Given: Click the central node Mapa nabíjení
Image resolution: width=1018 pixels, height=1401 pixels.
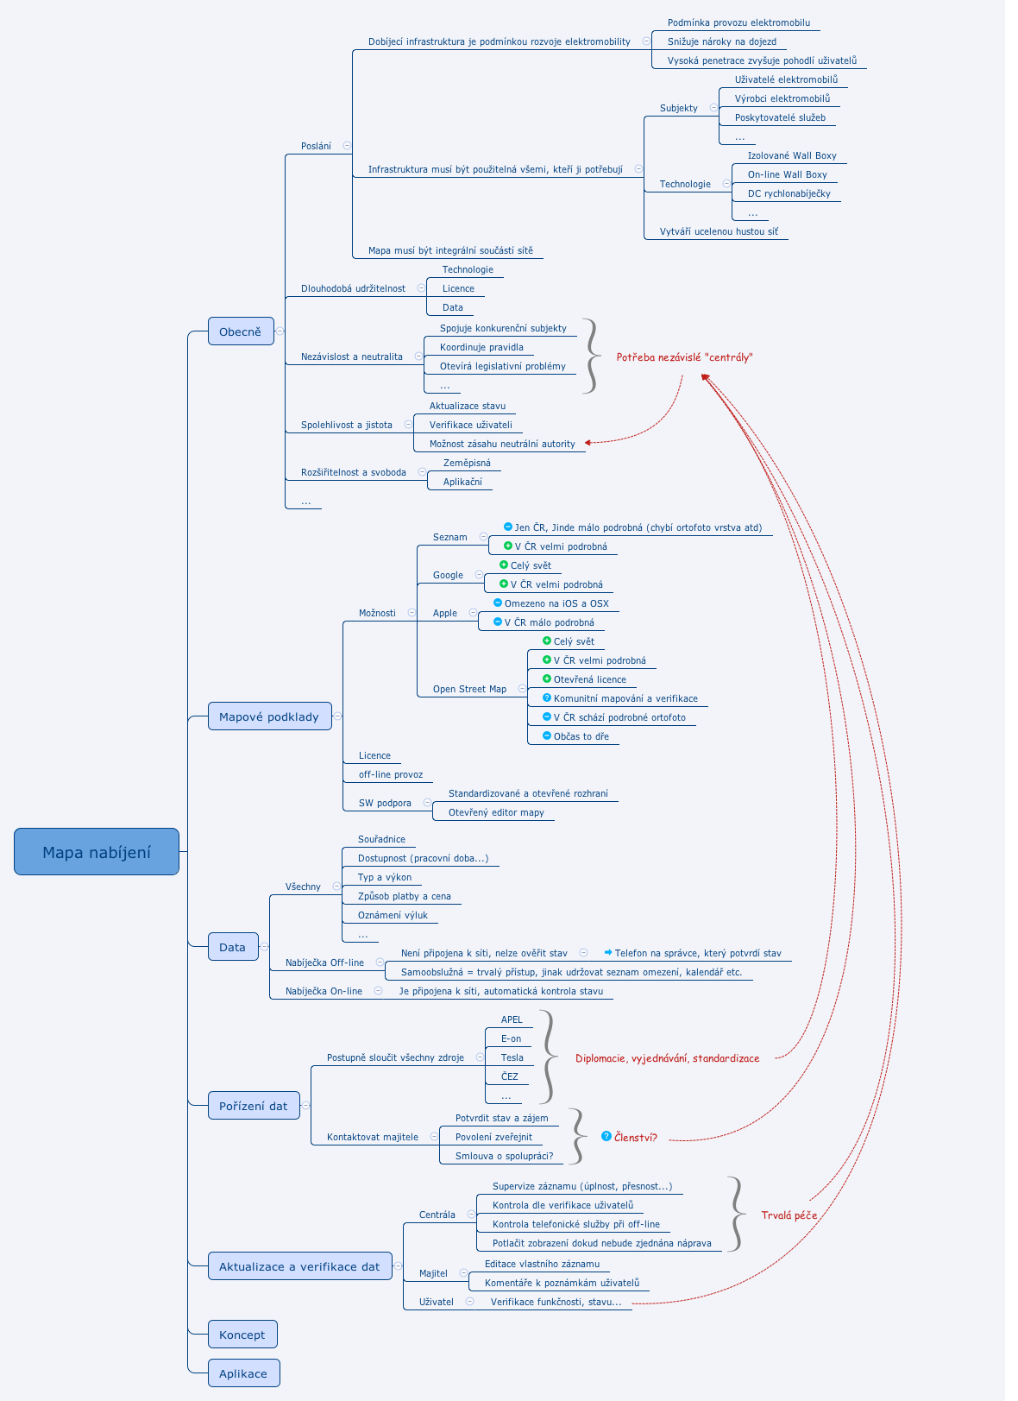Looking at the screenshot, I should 97,852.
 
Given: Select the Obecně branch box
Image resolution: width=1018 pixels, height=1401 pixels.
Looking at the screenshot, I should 241,331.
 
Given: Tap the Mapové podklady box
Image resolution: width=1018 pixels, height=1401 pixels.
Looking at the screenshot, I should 269,716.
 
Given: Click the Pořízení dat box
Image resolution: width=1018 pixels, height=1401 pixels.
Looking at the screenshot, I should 254,1106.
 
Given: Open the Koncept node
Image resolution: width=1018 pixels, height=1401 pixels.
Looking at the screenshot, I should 242,1335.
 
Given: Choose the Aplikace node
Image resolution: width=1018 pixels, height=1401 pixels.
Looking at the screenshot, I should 243,1373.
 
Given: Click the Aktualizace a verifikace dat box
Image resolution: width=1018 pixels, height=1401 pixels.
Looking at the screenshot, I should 299,1266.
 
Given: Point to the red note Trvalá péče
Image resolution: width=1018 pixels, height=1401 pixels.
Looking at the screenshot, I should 789,1215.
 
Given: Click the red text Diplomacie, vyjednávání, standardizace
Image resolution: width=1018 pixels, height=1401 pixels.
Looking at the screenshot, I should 667,1058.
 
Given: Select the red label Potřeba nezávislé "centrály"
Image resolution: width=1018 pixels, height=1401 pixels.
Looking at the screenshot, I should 684,357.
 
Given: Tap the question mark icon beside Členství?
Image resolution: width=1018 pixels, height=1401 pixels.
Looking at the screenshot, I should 606,1136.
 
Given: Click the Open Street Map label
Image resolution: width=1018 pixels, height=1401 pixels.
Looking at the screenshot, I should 469,689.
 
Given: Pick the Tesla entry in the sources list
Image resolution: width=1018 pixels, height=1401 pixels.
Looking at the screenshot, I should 512,1057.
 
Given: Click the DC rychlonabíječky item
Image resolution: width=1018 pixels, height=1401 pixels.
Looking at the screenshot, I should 789,193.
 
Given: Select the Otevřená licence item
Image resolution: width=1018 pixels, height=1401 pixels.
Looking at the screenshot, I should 590,679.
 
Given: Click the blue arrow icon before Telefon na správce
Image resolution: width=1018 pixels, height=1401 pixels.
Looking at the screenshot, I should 608,952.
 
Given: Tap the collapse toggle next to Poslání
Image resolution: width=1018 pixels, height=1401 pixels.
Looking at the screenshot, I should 347,146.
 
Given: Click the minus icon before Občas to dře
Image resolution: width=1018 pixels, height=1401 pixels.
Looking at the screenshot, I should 547,735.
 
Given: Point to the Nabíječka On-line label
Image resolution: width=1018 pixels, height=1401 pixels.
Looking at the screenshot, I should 324,991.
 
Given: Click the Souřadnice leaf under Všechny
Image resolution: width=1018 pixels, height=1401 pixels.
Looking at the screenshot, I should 381,839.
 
